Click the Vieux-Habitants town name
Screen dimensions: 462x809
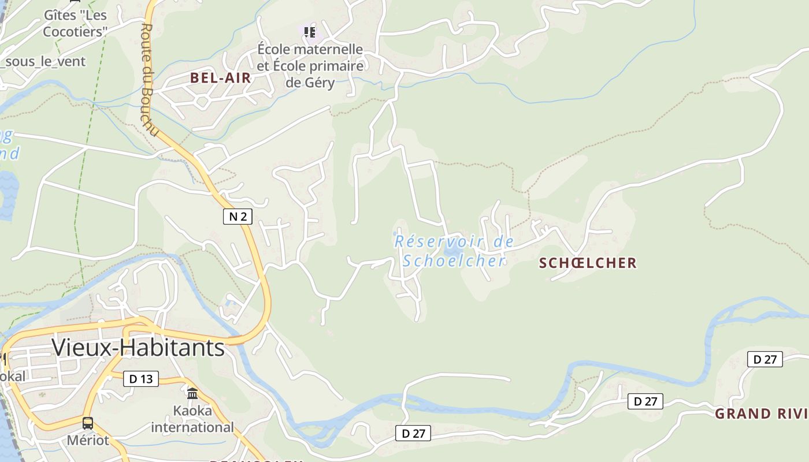[x=138, y=348]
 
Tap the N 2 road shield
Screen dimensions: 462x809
[x=237, y=217]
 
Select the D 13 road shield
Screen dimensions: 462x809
[x=141, y=379]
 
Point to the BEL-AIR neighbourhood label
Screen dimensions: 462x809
[x=221, y=78]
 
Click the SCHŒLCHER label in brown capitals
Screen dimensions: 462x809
[x=588, y=263]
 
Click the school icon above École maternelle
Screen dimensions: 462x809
[x=310, y=32]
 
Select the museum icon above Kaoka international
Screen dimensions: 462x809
[x=192, y=393]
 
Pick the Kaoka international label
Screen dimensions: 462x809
[x=192, y=419]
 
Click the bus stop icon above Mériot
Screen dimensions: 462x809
[x=88, y=423]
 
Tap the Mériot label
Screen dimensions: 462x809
[x=88, y=440]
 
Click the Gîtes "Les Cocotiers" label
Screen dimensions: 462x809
[x=75, y=23]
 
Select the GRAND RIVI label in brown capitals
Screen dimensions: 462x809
[x=761, y=413]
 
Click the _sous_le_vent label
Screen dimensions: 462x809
[x=43, y=61]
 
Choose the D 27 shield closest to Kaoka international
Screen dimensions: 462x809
[x=413, y=433]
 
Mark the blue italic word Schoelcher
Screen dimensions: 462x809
[x=454, y=261]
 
